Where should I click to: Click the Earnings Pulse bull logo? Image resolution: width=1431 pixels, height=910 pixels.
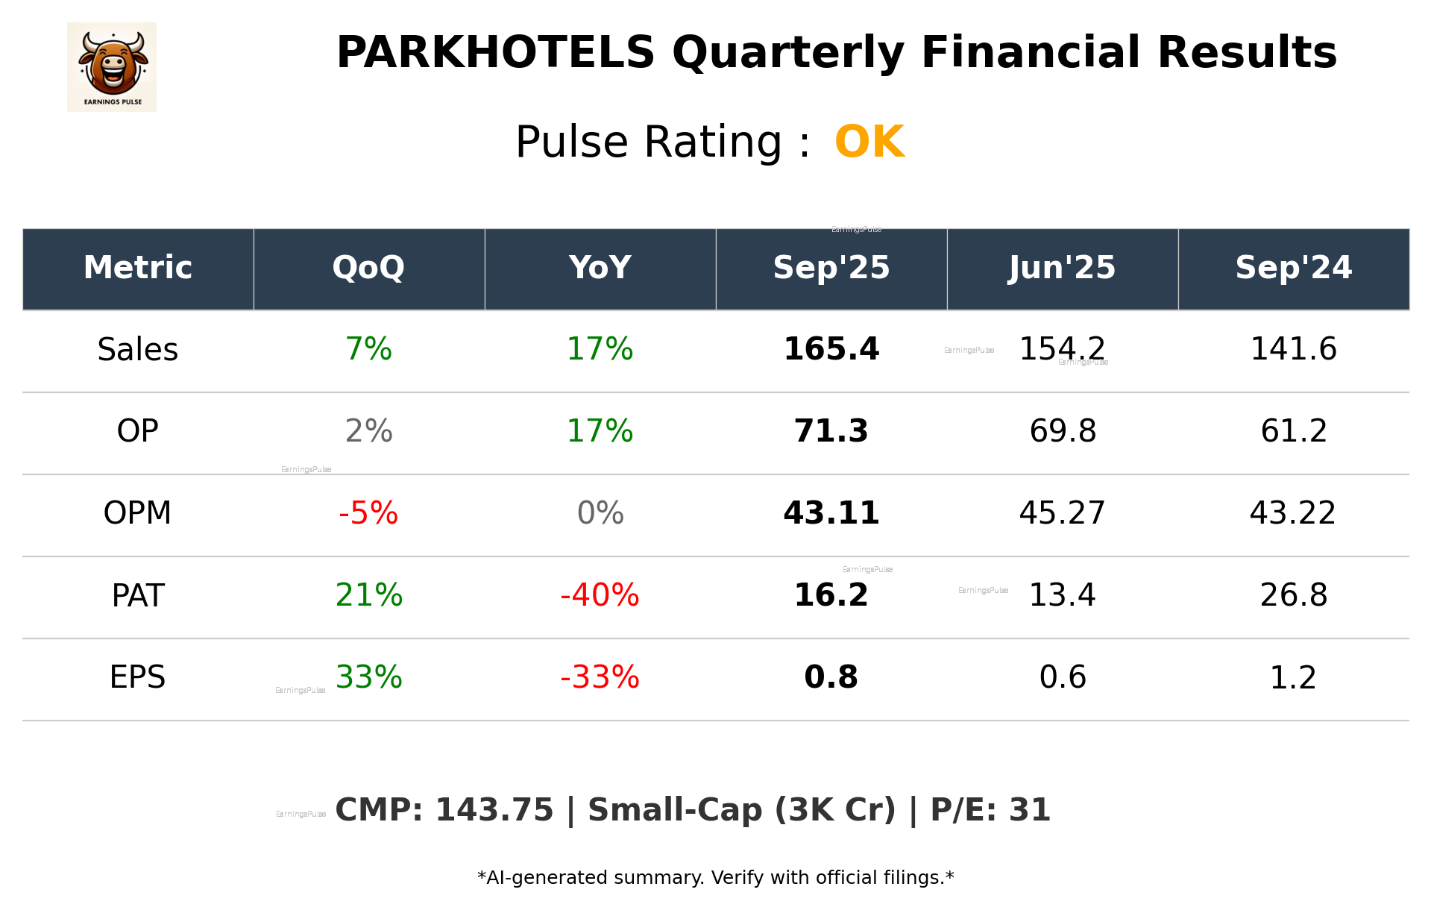coord(112,66)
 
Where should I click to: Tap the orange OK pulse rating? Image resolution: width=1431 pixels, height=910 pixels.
coord(869,142)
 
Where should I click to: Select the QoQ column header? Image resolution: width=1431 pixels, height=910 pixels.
coord(368,268)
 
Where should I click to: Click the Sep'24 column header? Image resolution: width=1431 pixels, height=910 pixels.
coord(1293,268)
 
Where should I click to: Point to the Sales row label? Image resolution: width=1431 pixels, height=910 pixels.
coord(138,350)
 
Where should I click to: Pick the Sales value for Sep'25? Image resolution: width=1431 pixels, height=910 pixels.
coord(831,350)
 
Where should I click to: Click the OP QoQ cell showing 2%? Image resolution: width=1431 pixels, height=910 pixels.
coord(368,431)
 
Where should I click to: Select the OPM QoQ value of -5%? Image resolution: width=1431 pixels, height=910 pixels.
coord(368,513)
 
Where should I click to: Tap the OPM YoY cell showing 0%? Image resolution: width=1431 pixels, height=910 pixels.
coord(600,513)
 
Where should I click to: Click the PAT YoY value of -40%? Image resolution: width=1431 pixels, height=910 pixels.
coord(600,595)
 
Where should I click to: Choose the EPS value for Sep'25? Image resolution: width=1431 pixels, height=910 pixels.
coord(831,677)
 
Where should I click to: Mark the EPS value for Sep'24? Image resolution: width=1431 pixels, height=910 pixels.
coord(1293,677)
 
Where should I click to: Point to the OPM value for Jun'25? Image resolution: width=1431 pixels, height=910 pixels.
coord(1062,513)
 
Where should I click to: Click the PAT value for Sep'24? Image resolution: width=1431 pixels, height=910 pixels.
coord(1293,595)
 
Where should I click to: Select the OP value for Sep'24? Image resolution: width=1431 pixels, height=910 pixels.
coord(1293,431)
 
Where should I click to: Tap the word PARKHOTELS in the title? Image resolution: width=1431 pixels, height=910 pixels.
coord(495,53)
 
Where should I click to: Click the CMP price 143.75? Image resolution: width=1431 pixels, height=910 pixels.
coord(494,811)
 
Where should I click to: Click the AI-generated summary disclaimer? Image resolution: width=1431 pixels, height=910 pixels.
coord(715,878)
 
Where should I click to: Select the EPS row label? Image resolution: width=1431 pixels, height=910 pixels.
coord(138,677)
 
